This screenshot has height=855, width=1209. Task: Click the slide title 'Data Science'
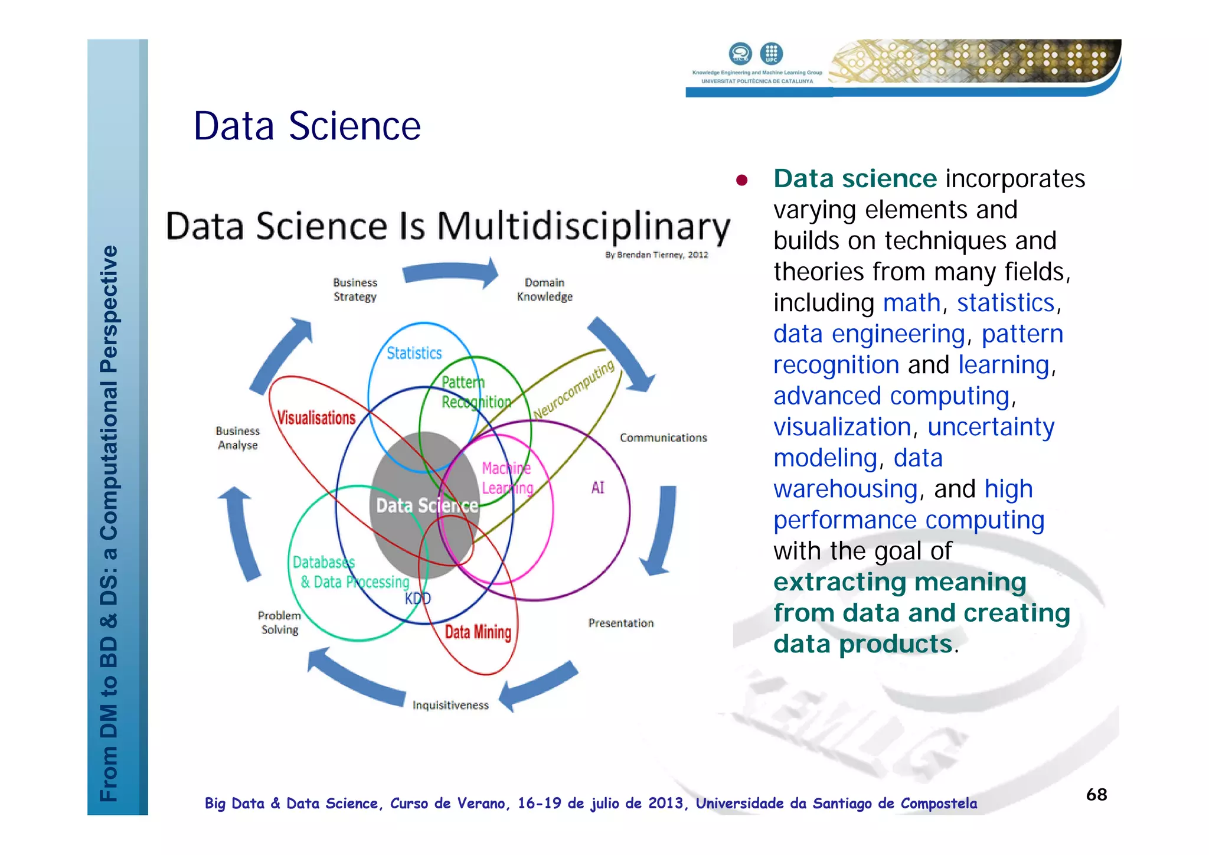point(307,126)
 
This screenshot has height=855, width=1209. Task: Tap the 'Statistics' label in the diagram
point(414,353)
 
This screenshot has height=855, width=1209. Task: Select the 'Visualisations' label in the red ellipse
point(316,418)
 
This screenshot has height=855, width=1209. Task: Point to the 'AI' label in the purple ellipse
point(597,488)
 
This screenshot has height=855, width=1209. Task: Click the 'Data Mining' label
point(478,632)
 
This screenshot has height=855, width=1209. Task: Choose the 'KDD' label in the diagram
point(418,599)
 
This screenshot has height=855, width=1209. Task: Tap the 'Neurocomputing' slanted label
point(574,390)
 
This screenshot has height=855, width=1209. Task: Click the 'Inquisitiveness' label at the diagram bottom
point(450,705)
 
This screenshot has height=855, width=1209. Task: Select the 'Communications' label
point(663,438)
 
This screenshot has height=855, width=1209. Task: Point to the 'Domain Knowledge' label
point(544,290)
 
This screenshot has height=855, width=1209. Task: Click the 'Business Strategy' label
point(355,290)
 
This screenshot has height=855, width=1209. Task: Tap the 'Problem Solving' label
point(279,623)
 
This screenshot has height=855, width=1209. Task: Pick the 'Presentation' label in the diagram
point(621,623)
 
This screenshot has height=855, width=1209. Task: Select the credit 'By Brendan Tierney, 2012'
point(656,255)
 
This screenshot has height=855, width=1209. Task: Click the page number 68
point(1096,795)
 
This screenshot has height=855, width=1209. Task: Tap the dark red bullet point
point(742,180)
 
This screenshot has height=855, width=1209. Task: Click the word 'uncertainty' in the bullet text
point(991,427)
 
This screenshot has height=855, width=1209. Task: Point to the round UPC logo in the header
point(771,53)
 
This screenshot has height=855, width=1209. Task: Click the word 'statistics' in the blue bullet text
point(1005,303)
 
